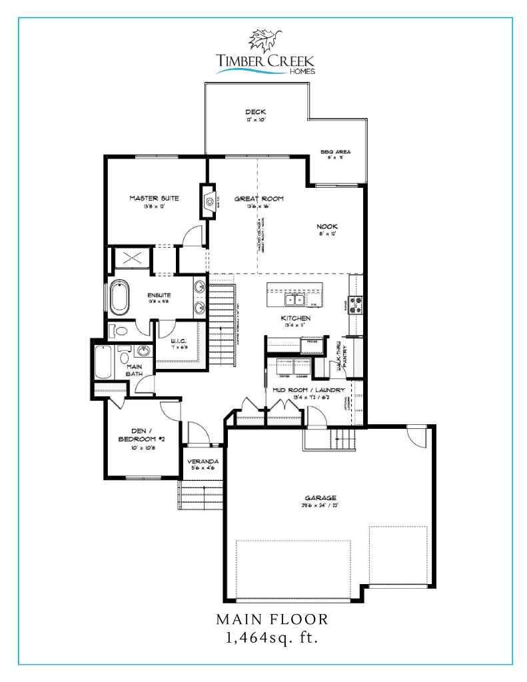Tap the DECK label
coord(255,112)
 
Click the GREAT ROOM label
coord(259,198)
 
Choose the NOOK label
coord(327,226)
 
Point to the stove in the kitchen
coord(356,304)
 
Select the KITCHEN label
coord(295,318)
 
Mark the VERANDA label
coord(203,460)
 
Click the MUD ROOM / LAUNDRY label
coord(308,390)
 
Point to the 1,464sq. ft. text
coord(271,639)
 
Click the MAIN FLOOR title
coord(271,619)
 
